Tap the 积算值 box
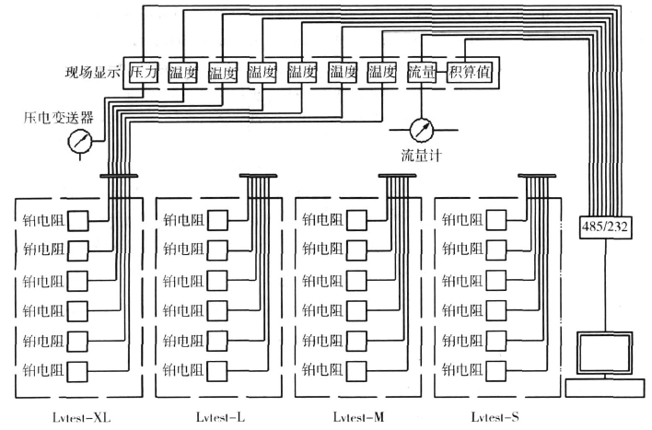click(468, 71)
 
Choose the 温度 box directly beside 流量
click(382, 71)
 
